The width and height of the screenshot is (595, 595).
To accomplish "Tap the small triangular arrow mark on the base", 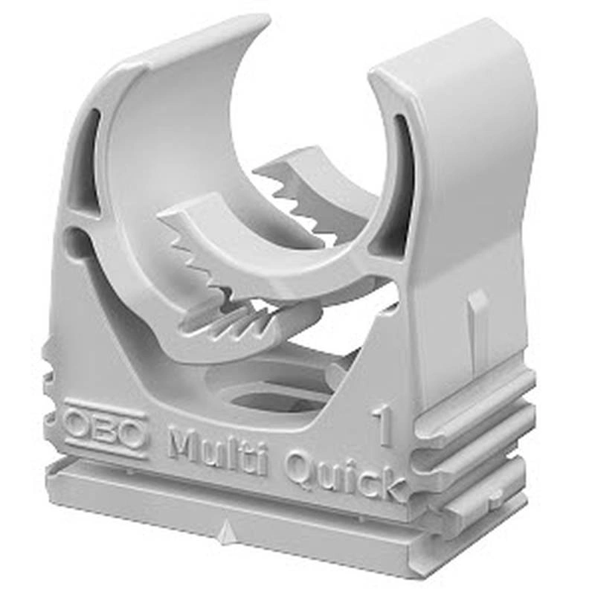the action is [226, 528].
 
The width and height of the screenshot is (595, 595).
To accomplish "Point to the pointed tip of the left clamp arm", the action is [266, 19].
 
